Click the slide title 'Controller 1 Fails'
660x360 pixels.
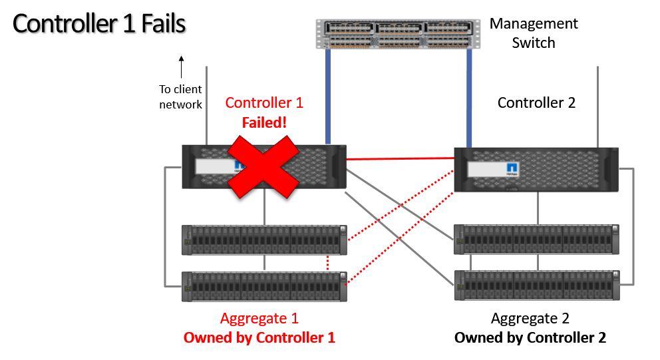tap(99, 24)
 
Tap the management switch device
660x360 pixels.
tap(397, 34)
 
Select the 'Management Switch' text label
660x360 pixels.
tap(534, 33)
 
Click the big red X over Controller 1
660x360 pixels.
tap(263, 166)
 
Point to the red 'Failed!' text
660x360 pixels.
tap(263, 122)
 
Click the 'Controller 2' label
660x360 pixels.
tap(536, 102)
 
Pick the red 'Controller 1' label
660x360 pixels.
tap(263, 102)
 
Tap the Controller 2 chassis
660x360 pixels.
tap(536, 170)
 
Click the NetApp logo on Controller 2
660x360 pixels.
tap(512, 168)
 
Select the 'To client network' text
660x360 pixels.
tap(180, 96)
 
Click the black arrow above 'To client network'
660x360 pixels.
tap(181, 67)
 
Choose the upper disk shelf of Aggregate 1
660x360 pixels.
tap(265, 240)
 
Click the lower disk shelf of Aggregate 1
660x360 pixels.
tap(265, 287)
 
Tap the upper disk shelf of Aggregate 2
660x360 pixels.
tap(537, 240)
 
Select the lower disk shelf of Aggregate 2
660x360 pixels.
tap(537, 285)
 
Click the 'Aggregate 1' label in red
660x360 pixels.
tap(259, 318)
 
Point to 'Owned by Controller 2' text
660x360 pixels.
tap(530, 337)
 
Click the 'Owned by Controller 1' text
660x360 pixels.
tap(259, 337)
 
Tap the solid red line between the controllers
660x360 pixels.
tap(399, 159)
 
